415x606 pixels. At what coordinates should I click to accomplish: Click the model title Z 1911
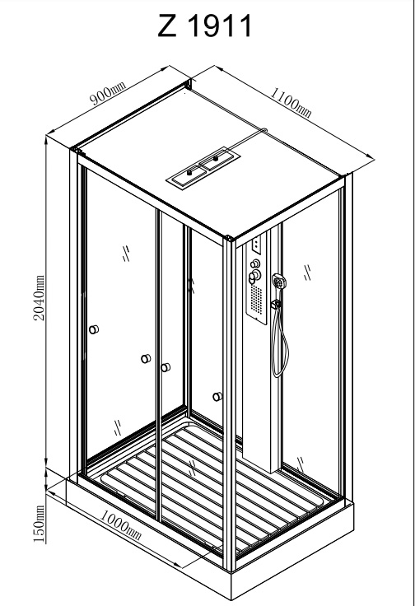point(205,26)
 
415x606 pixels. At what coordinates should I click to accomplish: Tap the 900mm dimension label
point(108,94)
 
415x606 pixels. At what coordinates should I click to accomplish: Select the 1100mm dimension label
point(291,102)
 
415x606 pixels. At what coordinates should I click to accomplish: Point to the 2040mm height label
point(39,297)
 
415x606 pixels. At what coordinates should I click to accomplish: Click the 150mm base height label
point(39,524)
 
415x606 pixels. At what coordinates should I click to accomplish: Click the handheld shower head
point(277,280)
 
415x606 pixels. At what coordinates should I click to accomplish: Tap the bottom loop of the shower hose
point(279,372)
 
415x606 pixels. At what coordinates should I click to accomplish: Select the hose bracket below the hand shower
point(276,305)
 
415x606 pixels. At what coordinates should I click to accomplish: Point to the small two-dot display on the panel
point(256,244)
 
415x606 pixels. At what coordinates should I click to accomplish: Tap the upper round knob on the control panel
point(254,264)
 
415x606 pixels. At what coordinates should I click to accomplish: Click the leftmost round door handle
point(94,329)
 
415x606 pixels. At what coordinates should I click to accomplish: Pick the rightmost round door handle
point(217,397)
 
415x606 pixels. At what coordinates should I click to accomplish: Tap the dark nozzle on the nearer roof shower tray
point(189,173)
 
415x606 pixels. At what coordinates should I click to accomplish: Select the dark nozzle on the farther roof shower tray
point(215,158)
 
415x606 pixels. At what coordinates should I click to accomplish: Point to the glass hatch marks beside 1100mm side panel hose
point(307,273)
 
